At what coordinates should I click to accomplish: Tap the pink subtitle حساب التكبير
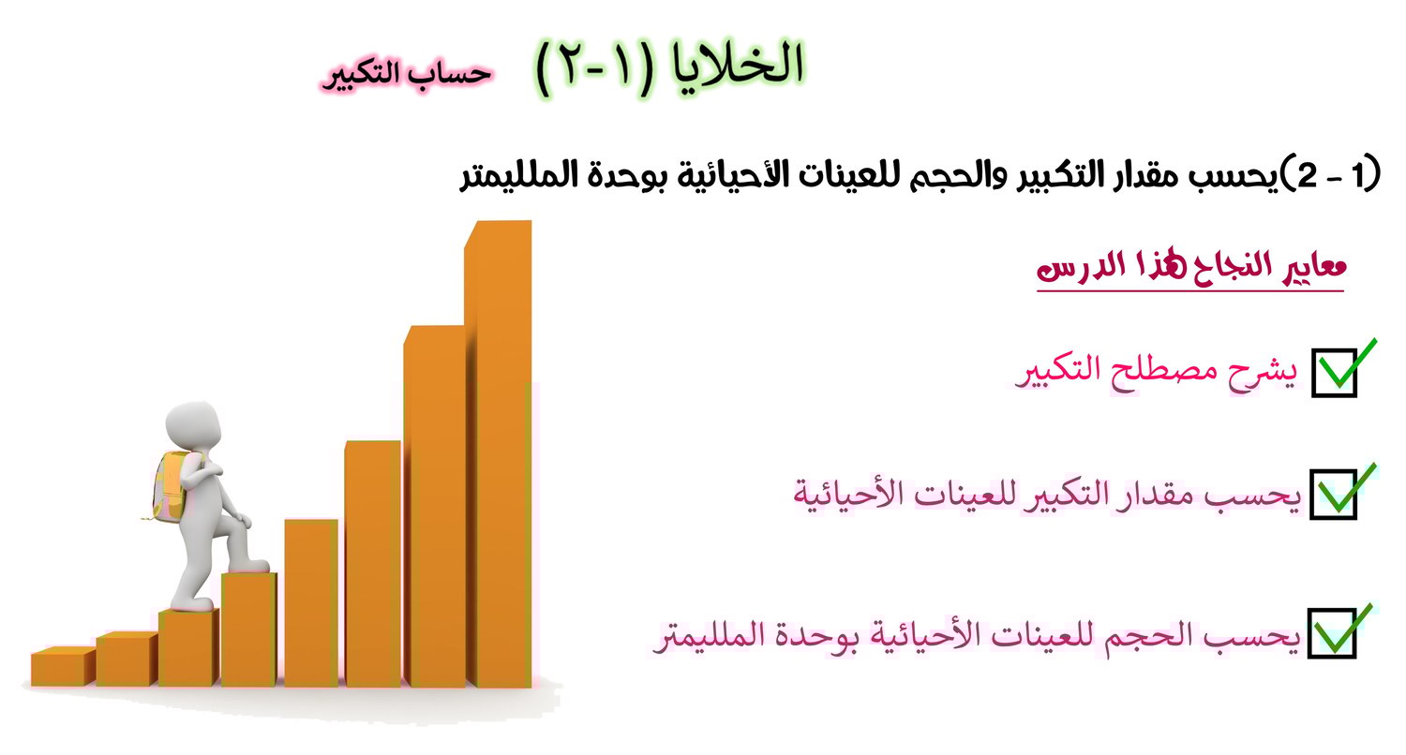[407, 74]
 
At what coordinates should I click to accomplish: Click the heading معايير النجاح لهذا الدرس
[1190, 269]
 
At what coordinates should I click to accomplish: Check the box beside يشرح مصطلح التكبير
[1335, 373]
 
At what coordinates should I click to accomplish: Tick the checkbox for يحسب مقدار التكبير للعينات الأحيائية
[1333, 495]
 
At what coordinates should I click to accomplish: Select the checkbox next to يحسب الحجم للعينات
[1331, 633]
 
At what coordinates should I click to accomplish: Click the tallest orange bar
[499, 454]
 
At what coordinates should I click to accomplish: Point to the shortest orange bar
[63, 666]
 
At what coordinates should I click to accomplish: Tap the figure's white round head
[193, 425]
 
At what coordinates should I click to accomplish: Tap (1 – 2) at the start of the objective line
[1331, 173]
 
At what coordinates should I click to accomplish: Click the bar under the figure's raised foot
[248, 629]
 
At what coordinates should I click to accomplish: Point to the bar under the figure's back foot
[189, 647]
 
